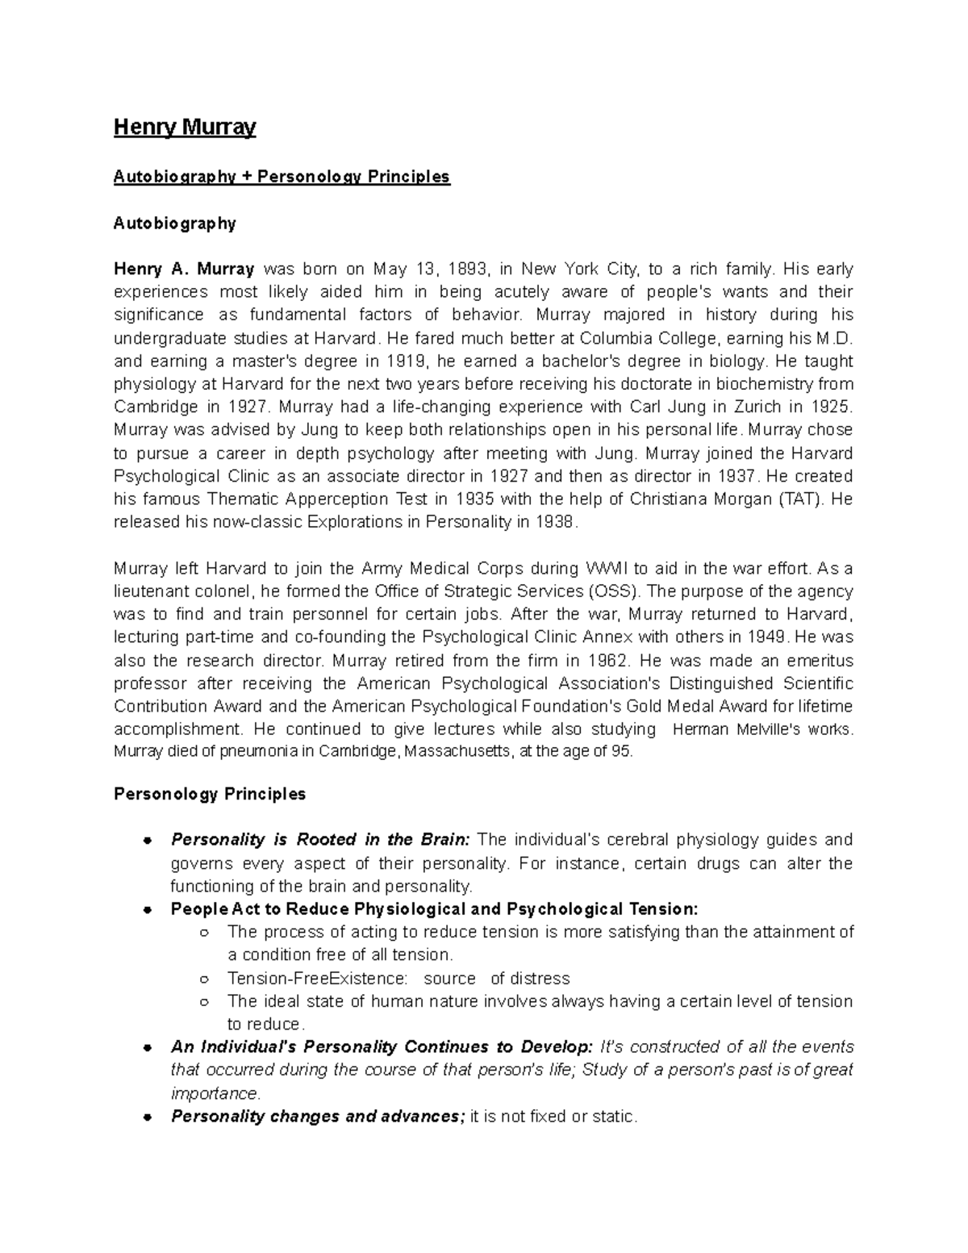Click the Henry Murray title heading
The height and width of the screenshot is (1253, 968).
185,127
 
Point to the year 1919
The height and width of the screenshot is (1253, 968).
404,361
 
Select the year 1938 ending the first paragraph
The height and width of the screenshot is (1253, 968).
556,522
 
